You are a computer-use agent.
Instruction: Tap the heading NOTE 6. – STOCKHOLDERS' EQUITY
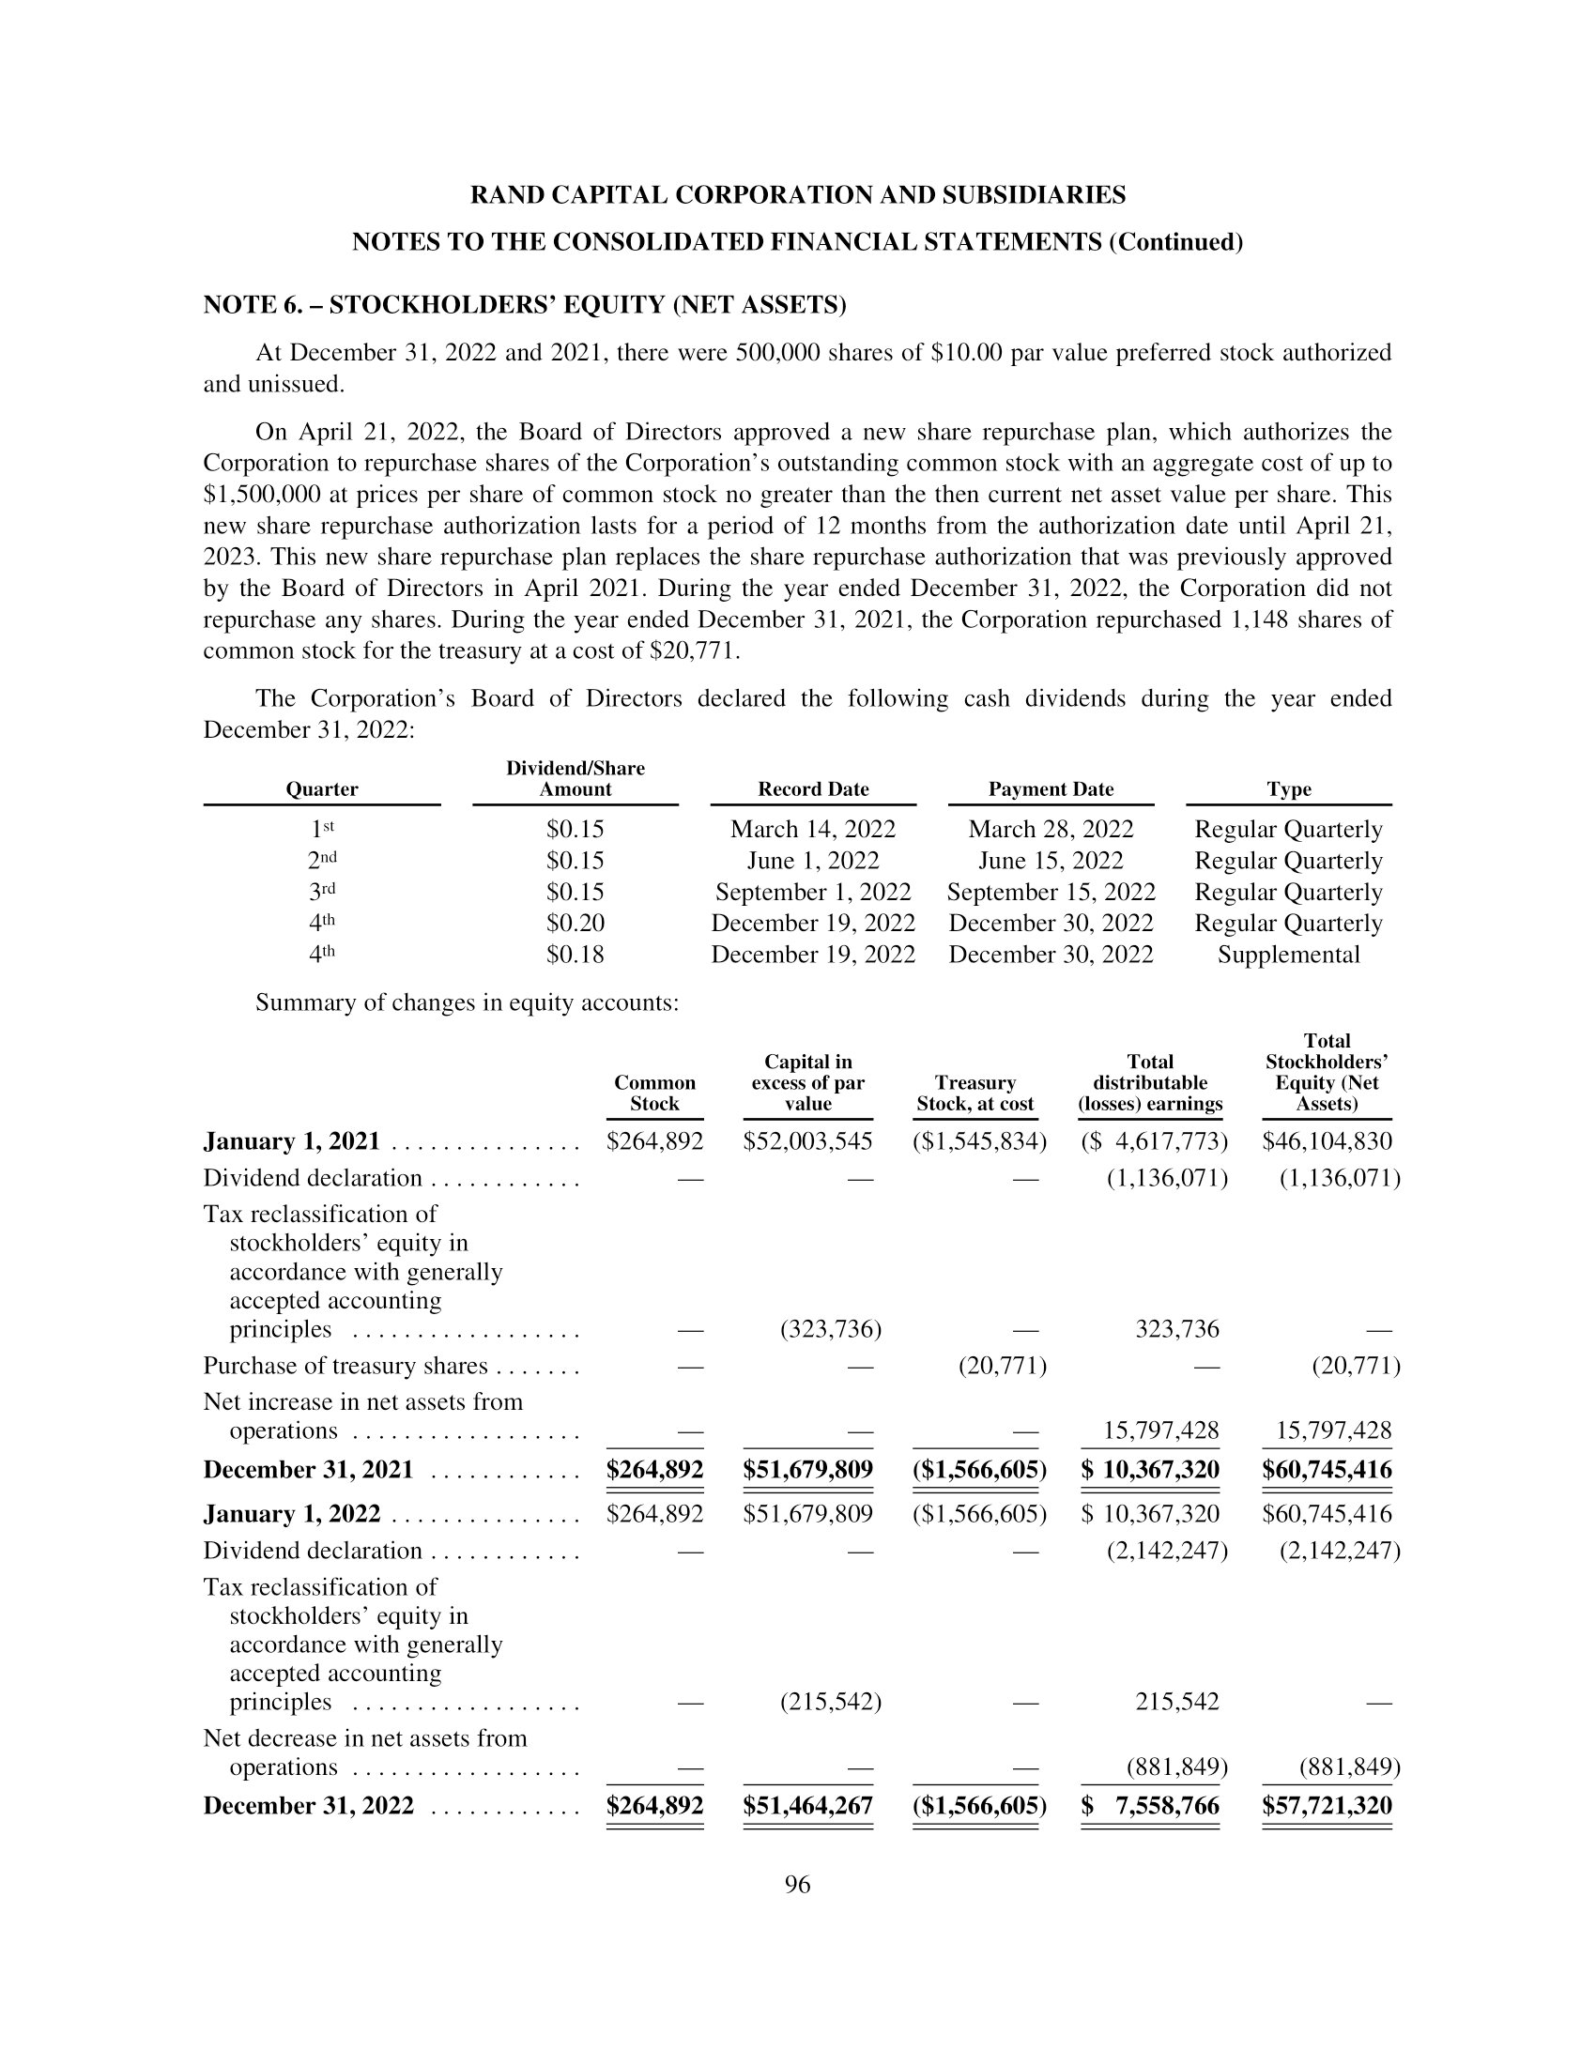point(525,304)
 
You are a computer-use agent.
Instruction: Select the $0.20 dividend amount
point(575,923)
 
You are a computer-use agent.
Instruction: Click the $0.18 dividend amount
point(575,954)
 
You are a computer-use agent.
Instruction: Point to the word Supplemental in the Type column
point(1288,954)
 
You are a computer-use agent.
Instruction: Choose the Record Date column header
point(813,788)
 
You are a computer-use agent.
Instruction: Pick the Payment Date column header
point(1051,788)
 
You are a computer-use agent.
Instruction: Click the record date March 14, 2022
point(813,829)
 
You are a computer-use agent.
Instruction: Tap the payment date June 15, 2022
point(1051,861)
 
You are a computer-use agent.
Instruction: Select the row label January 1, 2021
point(291,1141)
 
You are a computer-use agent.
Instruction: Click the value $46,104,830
point(1327,1141)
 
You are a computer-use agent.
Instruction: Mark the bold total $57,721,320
point(1327,1805)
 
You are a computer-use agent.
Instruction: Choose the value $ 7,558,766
point(1151,1805)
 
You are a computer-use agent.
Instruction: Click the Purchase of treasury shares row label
point(345,1366)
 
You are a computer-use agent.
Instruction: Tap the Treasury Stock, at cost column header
point(974,1093)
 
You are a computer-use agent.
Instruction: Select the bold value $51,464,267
point(807,1805)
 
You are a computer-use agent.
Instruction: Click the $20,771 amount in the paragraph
point(698,650)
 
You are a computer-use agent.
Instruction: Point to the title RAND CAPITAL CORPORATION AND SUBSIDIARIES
point(798,195)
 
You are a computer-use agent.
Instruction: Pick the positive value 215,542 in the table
point(1176,1701)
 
